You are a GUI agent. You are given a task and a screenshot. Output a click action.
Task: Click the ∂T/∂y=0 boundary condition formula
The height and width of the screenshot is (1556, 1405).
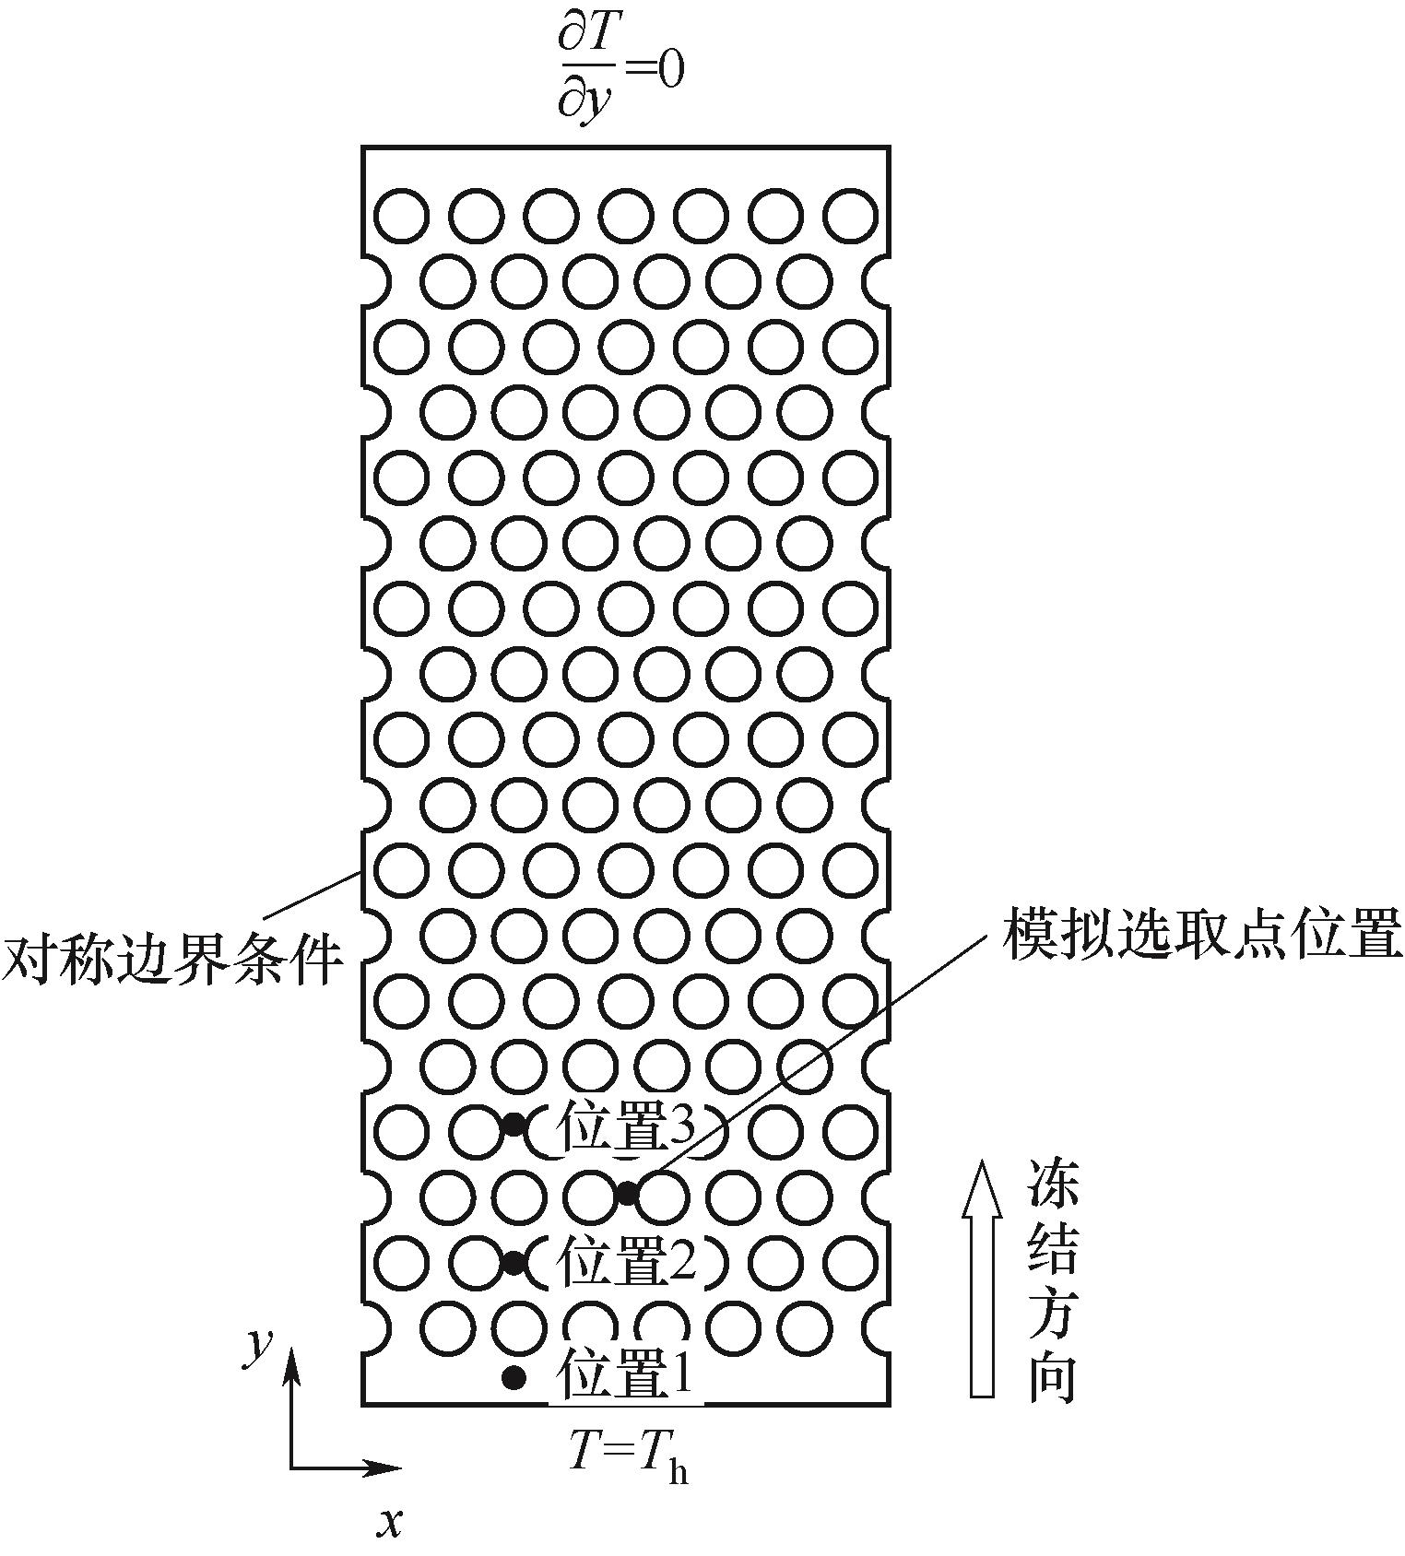pos(620,70)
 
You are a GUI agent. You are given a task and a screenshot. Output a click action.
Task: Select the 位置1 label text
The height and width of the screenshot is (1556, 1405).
pos(625,1376)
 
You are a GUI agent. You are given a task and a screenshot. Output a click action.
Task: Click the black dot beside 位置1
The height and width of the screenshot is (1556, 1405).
pos(514,1377)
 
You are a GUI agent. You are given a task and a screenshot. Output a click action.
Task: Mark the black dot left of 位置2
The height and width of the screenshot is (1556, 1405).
pos(514,1262)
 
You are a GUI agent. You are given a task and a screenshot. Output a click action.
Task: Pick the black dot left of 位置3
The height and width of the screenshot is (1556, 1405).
pos(514,1124)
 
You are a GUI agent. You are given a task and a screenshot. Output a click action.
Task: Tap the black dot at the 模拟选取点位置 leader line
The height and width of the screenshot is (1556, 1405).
pos(627,1193)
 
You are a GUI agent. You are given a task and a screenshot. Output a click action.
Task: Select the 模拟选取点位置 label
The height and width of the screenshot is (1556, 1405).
pos(1202,935)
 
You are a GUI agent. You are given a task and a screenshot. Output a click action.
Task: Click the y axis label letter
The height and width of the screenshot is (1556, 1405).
pos(257,1347)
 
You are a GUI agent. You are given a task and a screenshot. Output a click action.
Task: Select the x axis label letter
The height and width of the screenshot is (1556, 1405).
pos(390,1523)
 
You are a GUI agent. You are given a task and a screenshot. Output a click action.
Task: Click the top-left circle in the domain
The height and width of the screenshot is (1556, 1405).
pos(402,215)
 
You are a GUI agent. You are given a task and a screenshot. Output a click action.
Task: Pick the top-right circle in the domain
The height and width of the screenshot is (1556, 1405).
pos(851,215)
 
